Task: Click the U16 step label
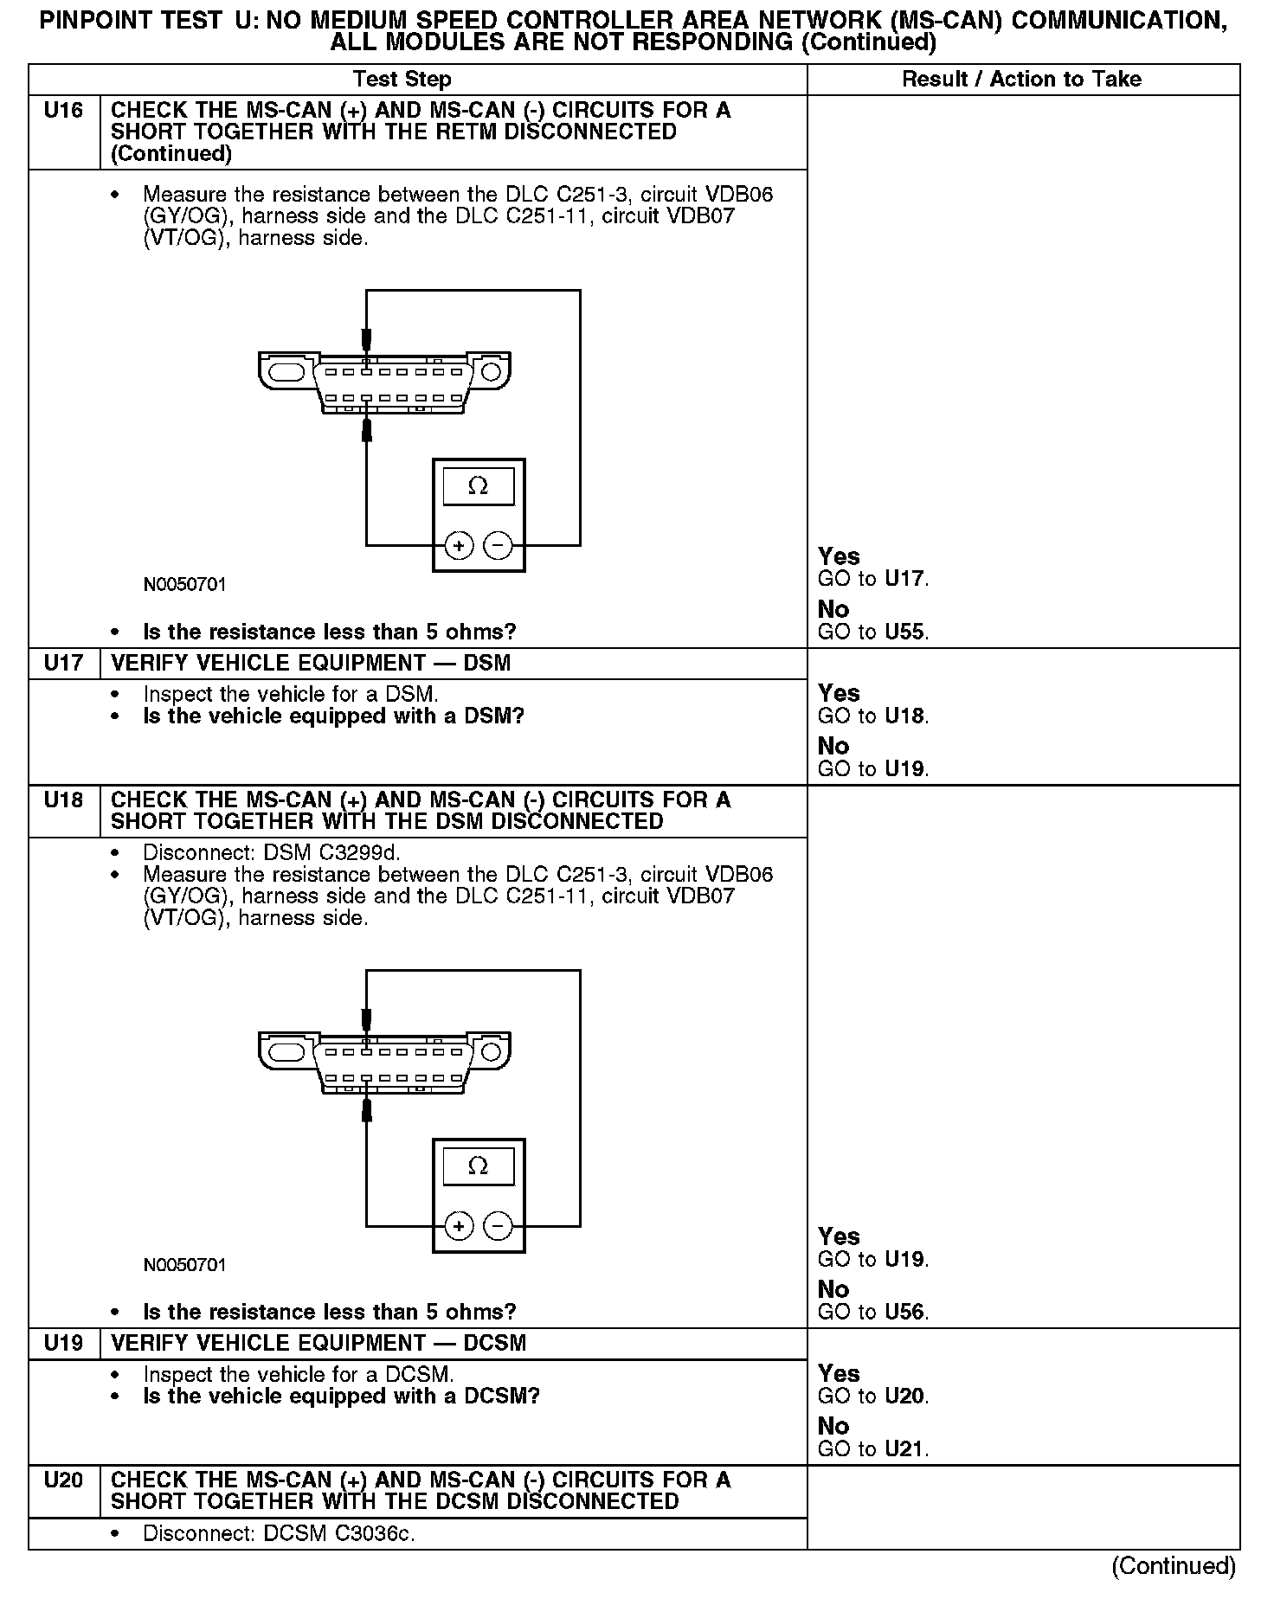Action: tap(63, 110)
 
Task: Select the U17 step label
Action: tap(63, 663)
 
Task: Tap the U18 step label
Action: tap(63, 799)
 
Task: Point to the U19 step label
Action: tap(63, 1343)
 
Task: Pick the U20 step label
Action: tap(63, 1480)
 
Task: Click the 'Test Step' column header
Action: tap(402, 80)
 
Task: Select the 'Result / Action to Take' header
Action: tap(1021, 80)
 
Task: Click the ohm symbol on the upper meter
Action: tap(478, 486)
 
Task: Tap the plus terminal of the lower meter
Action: tap(459, 1226)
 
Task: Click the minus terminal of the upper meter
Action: tap(497, 546)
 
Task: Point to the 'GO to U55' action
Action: tap(872, 633)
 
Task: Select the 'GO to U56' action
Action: tap(872, 1313)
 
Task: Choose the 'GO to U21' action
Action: tap(872, 1449)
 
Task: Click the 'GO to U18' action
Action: tap(872, 716)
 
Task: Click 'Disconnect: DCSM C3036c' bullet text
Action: tap(279, 1534)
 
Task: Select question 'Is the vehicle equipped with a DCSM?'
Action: tap(341, 1397)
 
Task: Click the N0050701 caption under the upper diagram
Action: tap(184, 585)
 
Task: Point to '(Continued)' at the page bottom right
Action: tap(1174, 1566)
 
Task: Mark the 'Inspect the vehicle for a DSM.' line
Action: tap(291, 694)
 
